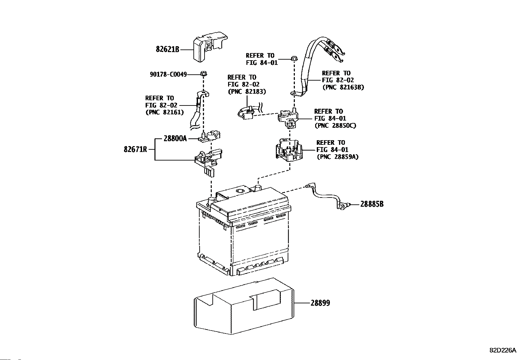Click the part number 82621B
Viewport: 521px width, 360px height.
point(168,50)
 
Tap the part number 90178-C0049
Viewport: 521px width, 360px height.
point(168,75)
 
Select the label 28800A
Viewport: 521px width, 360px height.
point(175,139)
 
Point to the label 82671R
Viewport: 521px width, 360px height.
point(135,149)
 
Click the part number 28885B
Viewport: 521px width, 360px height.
point(372,204)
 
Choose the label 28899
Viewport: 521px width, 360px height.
point(320,303)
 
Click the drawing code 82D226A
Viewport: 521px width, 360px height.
point(503,350)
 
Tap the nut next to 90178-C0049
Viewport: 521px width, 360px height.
point(203,73)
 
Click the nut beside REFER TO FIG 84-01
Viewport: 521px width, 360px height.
point(293,59)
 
